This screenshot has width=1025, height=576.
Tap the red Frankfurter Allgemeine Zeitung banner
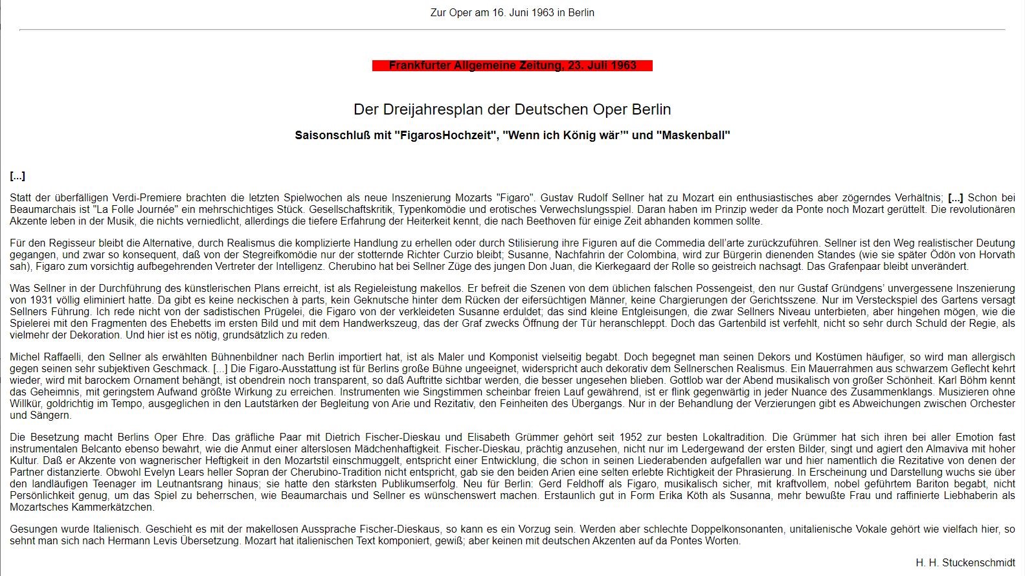(x=512, y=65)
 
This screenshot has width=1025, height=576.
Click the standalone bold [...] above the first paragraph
(x=17, y=176)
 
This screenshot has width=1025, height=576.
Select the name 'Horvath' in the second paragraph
(x=997, y=255)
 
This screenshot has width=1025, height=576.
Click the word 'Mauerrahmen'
(x=818, y=369)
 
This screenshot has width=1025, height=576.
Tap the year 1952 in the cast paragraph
(x=631, y=438)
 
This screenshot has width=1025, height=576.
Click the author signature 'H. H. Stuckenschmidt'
(x=965, y=563)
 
